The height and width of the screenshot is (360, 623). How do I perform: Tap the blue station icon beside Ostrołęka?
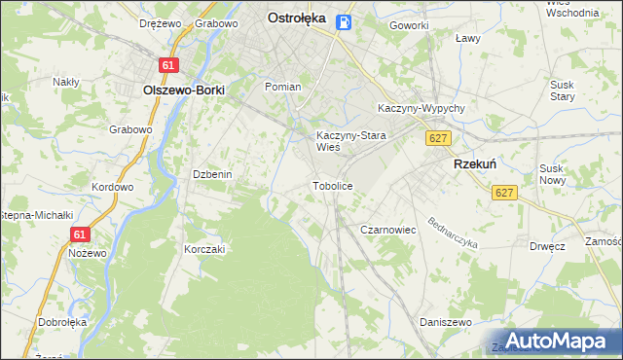344,21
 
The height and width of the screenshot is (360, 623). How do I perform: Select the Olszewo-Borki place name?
184,90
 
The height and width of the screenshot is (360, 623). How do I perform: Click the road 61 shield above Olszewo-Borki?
169,65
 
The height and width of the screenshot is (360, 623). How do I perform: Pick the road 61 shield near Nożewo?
81,234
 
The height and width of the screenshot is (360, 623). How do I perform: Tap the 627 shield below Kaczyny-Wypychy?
437,139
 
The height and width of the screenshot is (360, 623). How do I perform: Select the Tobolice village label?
332,185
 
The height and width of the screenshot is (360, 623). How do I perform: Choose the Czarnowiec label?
388,230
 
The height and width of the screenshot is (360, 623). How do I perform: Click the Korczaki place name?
204,249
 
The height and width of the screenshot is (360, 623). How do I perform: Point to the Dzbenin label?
211,174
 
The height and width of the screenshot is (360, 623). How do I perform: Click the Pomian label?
283,87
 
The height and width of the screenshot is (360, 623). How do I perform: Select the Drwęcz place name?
548,246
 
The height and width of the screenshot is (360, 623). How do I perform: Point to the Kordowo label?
111,186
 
